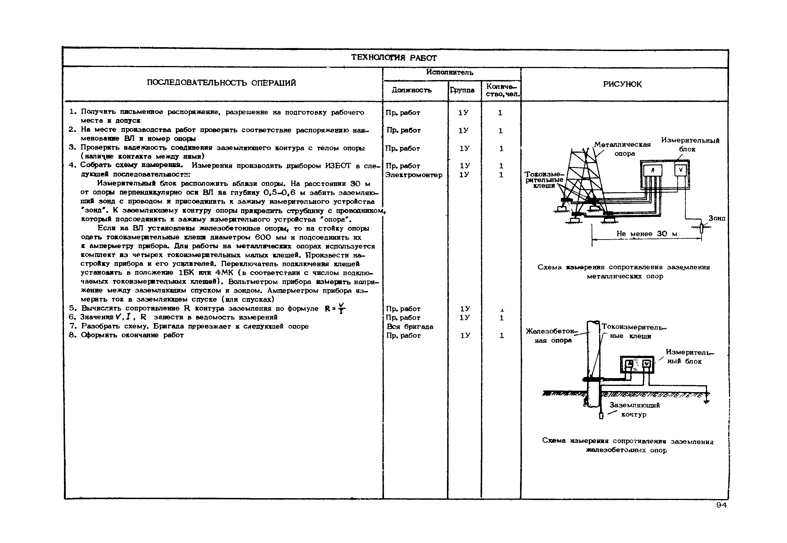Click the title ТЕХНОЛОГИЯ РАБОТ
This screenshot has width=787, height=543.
click(394, 57)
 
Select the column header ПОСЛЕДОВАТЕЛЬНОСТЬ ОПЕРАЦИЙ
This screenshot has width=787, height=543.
click(221, 83)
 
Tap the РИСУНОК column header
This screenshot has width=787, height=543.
click(622, 84)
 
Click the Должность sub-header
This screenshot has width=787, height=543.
click(412, 90)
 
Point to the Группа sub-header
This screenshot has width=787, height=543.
click(462, 90)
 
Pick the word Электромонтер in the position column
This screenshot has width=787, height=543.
click(414, 175)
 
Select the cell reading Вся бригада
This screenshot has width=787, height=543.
click(410, 327)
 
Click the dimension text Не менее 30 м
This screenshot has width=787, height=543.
click(647, 234)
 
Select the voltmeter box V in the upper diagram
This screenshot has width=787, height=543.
click(681, 170)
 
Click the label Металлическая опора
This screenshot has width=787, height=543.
click(622, 149)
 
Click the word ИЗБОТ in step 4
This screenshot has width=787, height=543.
click(338, 166)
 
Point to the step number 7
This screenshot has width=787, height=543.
click(72, 326)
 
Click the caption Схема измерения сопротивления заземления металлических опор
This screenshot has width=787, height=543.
click(624, 271)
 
